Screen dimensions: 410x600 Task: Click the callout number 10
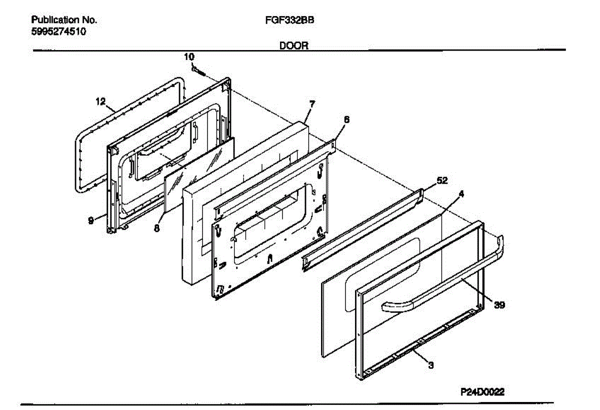[x=189, y=57]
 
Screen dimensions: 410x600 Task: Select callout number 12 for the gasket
[x=100, y=102]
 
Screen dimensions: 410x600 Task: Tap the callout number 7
[x=312, y=104]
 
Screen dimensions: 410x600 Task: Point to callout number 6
[x=346, y=120]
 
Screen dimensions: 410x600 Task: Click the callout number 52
[x=442, y=180]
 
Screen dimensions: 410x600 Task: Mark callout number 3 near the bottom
[x=431, y=365]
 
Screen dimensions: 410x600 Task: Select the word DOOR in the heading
[x=293, y=46]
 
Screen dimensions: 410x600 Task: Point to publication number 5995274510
[x=58, y=32]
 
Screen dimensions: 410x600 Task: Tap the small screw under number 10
[x=199, y=71]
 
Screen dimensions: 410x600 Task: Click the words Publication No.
[x=64, y=21]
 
